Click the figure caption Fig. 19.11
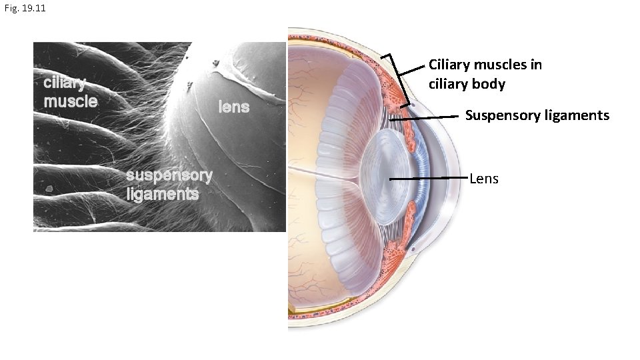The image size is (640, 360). click(24, 9)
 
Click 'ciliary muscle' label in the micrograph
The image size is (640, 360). click(70, 92)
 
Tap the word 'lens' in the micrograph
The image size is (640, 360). click(233, 107)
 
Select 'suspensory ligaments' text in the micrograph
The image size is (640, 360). click(169, 185)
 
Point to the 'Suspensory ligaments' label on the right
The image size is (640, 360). click(537, 115)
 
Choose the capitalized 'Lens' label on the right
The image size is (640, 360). click(484, 179)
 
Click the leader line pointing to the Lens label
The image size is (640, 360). click(430, 179)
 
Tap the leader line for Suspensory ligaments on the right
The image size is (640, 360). click(433, 117)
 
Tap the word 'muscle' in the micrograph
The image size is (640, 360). click(70, 101)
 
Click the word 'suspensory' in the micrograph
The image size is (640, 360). click(169, 176)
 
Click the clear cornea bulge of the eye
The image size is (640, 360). click(454, 177)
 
